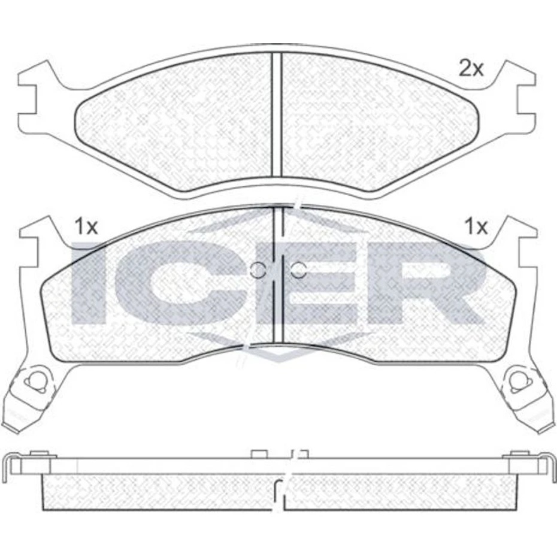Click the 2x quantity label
[471, 68]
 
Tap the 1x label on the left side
[86, 226]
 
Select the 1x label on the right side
[476, 226]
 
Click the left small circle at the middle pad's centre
[257, 270]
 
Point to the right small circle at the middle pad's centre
[299, 270]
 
